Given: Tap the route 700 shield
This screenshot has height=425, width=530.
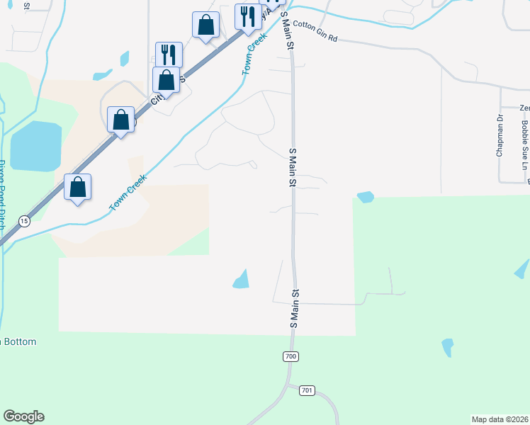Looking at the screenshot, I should point(290,356).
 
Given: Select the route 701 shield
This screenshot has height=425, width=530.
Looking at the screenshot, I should point(306,390).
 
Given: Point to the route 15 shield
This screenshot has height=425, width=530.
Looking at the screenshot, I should point(25,220).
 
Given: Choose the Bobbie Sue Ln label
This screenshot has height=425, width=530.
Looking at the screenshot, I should point(524,146).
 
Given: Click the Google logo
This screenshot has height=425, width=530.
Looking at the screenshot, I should point(23,416).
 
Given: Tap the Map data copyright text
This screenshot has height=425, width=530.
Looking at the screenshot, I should point(500,418).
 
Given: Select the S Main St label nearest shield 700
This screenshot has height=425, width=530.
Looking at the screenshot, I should point(294,307).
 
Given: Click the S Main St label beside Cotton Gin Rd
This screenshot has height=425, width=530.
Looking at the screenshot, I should point(288,30).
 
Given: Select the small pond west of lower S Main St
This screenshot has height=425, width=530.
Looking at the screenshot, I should point(242,280).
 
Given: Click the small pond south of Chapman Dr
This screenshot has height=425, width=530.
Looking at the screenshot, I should point(366,197).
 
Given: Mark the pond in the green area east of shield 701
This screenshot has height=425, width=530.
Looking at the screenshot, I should point(447,347).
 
